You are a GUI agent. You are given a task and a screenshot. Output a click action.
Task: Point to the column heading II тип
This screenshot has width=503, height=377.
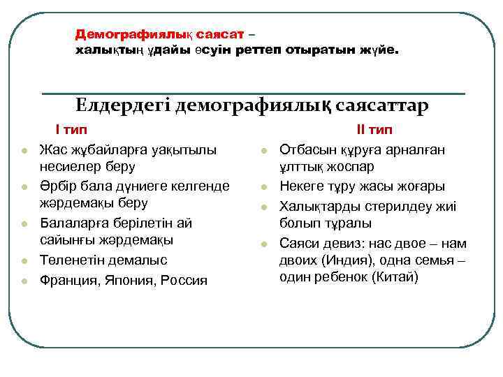(374, 130)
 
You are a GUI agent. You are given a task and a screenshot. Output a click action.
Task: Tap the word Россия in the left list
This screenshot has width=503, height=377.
(183, 280)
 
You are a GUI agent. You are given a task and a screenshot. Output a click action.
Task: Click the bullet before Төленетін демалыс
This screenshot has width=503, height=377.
(24, 261)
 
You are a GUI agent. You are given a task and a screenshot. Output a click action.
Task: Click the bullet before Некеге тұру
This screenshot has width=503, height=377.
(264, 186)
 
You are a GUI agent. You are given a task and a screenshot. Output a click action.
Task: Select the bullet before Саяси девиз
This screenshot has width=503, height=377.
(264, 244)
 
